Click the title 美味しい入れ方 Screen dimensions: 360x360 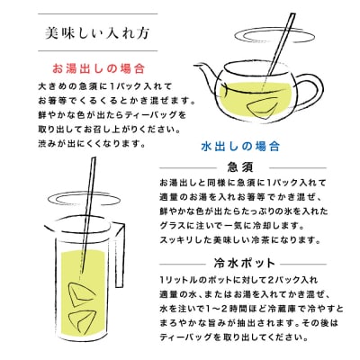point(97,33)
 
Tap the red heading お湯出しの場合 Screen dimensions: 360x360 point(99,68)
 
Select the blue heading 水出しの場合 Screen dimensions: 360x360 point(240,147)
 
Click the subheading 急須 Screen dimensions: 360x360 point(240,167)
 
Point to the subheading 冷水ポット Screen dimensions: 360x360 point(244,264)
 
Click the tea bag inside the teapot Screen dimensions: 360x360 point(261,108)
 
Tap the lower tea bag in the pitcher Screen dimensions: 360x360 point(81,321)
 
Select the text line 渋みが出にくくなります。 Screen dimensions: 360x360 point(92,144)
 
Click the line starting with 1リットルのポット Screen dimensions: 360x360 point(238,280)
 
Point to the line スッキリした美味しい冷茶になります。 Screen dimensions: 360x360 point(240,240)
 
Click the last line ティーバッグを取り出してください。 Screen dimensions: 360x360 point(234,337)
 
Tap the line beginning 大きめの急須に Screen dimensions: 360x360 point(105,86)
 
